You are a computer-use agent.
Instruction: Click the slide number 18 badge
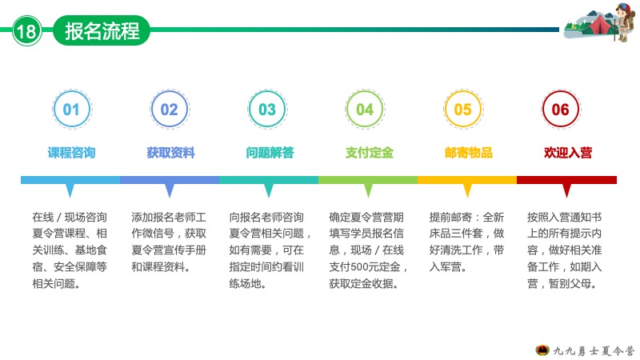coord(27,30)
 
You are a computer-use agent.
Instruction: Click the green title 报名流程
coord(102,30)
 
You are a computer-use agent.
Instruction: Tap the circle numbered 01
coord(72,110)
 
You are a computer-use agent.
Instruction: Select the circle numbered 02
coord(170,110)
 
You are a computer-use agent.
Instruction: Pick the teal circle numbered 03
coord(267,110)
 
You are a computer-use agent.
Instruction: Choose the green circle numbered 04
coord(365,110)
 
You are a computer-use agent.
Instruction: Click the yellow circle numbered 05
coord(463,110)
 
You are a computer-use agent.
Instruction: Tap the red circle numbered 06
coord(561,110)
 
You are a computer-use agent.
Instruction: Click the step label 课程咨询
coord(71,153)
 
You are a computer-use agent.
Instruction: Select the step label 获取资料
coord(170,153)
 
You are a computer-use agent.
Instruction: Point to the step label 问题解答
coord(270,153)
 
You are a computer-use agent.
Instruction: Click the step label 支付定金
coord(370,153)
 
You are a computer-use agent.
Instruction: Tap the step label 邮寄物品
coord(469,153)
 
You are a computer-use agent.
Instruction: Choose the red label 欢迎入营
coord(568,153)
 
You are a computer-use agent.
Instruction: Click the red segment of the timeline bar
coord(566,180)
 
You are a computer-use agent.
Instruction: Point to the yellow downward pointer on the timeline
coord(467,190)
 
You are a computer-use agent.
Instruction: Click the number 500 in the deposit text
coord(360,267)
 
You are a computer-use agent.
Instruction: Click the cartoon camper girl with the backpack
coord(623,22)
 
